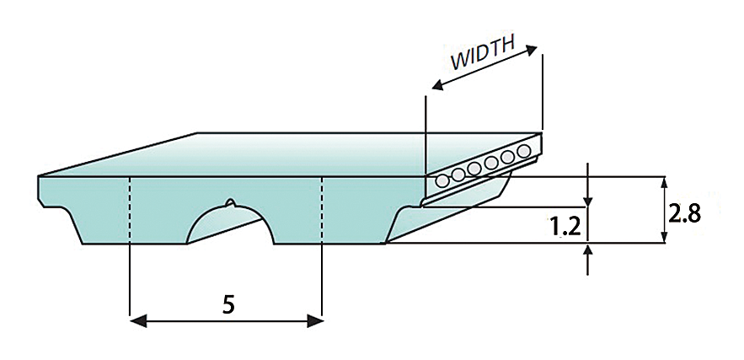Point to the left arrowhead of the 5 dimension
click(136, 320)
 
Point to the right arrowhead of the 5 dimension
click(317, 320)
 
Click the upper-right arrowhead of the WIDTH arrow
click(533, 49)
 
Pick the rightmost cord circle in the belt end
click(524, 151)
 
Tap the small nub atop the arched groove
click(229, 202)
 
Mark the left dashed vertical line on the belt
click(130, 211)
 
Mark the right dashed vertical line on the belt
click(323, 211)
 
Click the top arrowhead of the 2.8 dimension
click(665, 183)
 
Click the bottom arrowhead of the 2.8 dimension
click(665, 238)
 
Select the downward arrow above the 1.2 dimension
click(587, 199)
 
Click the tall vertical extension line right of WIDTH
click(543, 93)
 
